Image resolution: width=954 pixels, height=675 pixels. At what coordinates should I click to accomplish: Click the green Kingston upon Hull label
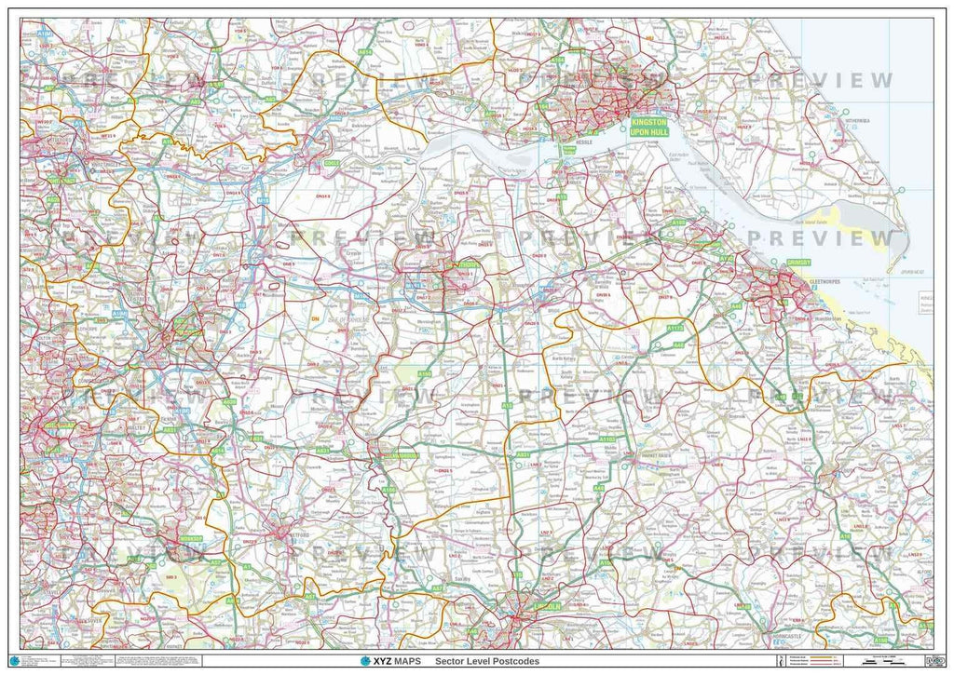[x=649, y=128]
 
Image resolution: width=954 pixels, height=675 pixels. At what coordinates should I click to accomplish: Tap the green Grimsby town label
[x=799, y=263]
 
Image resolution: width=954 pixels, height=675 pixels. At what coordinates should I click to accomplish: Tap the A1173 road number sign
[x=675, y=329]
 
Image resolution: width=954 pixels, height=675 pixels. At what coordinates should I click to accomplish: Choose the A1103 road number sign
[x=606, y=438]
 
